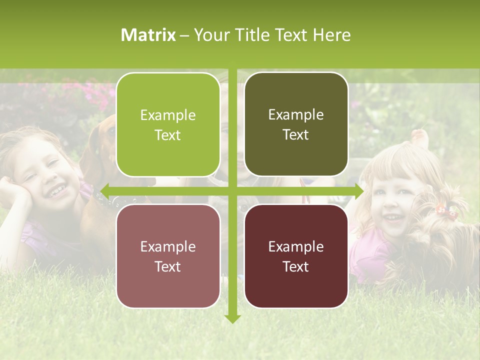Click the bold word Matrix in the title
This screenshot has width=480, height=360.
(x=148, y=35)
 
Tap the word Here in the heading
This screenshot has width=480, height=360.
(x=331, y=35)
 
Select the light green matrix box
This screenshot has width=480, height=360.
(x=168, y=124)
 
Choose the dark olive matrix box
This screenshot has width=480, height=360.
(x=296, y=124)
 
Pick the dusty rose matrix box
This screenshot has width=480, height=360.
(x=168, y=256)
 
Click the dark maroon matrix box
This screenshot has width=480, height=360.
(x=296, y=256)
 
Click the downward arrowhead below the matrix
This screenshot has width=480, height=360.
(x=232, y=318)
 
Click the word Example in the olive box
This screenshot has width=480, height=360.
(x=296, y=114)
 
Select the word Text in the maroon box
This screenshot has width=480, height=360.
(x=296, y=266)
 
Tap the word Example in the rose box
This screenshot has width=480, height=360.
(x=168, y=246)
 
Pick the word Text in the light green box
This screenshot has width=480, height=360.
(x=168, y=135)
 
